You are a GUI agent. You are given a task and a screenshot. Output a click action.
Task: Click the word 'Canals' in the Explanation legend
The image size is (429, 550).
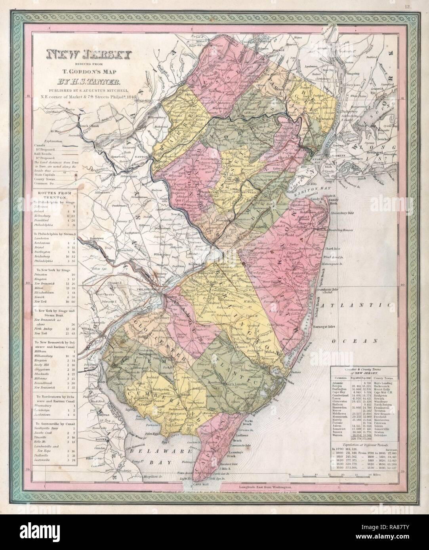pos(40,146)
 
